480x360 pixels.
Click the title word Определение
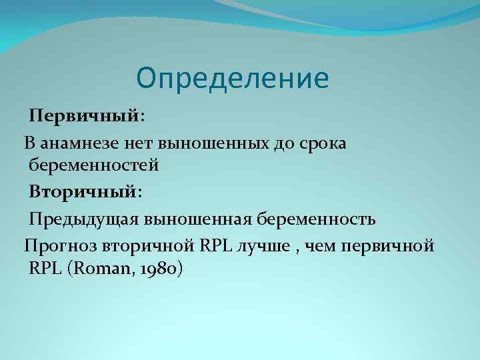(232, 79)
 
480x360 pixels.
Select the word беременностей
(93, 167)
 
